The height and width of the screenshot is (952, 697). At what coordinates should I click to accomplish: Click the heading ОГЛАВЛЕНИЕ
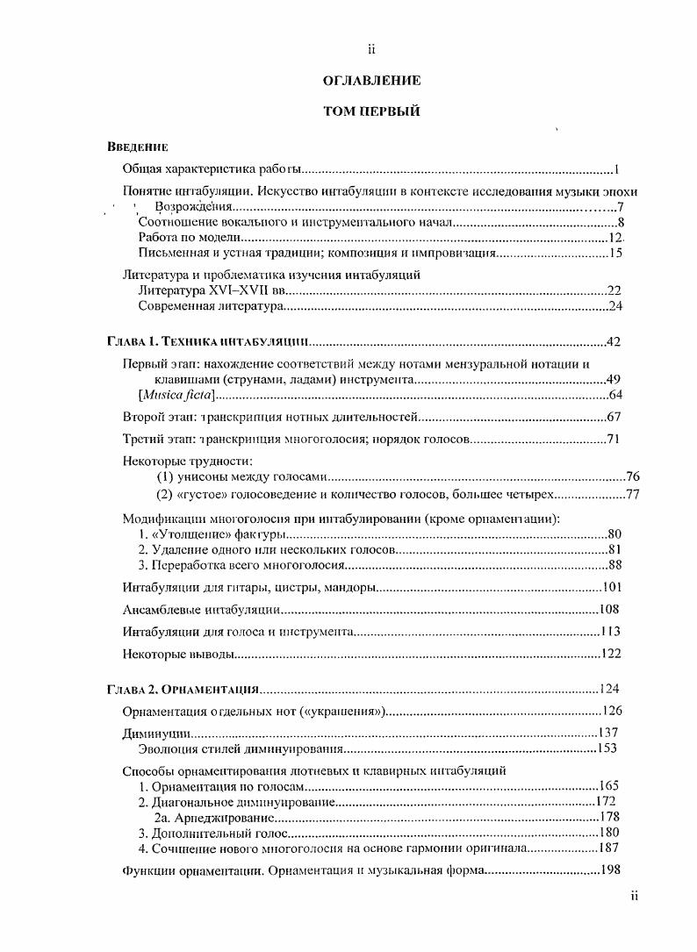click(x=371, y=81)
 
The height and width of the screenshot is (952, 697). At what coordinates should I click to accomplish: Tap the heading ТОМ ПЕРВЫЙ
click(x=371, y=111)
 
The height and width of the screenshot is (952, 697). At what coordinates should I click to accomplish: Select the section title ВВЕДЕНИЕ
click(x=137, y=147)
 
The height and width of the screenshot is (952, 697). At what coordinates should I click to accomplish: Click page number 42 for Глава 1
click(x=614, y=341)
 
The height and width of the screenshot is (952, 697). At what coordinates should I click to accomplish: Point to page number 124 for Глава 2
click(x=609, y=688)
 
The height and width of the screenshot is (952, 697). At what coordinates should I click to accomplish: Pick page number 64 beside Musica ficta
click(x=614, y=396)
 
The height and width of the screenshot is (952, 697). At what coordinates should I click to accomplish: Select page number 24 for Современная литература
click(x=614, y=306)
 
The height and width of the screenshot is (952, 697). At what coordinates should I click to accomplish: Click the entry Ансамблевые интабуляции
click(x=201, y=609)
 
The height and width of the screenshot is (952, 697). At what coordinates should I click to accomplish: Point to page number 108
click(x=609, y=609)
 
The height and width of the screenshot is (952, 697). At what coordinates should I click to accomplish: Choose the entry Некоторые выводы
click(x=179, y=653)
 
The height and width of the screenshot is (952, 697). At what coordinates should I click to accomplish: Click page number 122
click(x=609, y=653)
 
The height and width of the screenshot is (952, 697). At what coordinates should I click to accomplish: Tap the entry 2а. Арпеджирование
click(x=217, y=816)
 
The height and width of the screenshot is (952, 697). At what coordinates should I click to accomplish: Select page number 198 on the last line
click(x=608, y=870)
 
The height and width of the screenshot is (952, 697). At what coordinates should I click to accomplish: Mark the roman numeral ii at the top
click(x=371, y=50)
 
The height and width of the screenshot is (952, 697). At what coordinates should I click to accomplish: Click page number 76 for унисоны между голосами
click(x=633, y=476)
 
